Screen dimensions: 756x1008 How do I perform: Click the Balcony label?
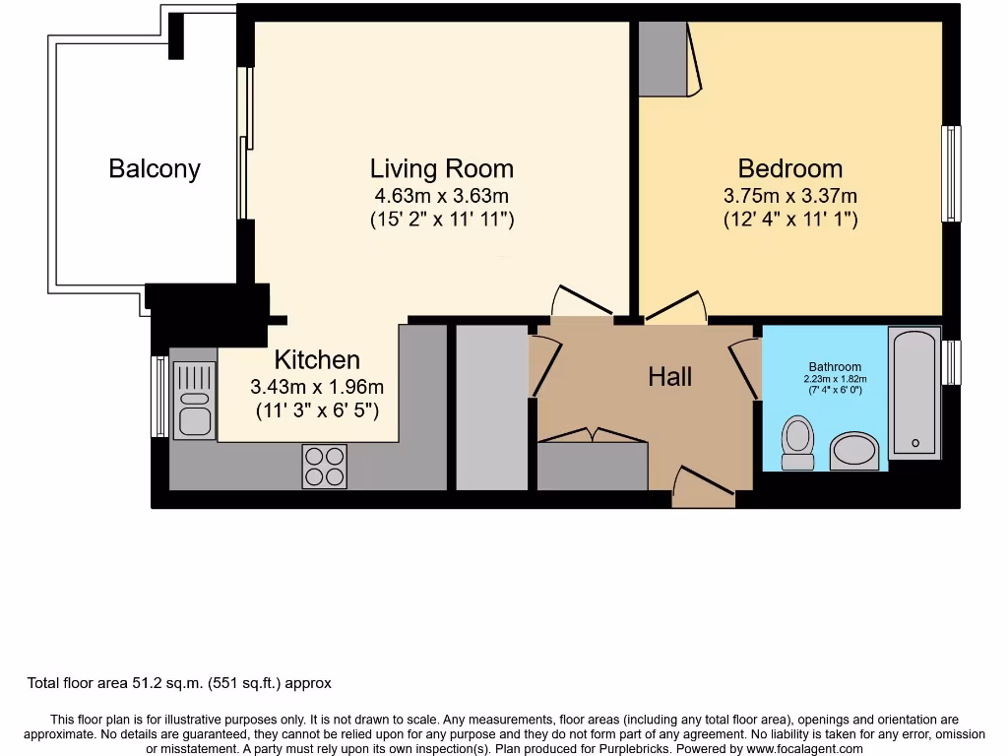(x=155, y=168)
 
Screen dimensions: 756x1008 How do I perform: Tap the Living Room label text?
(x=441, y=168)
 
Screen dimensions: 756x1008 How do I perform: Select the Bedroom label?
(x=790, y=168)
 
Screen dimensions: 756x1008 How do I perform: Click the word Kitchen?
(x=316, y=359)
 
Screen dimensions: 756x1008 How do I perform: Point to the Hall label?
(x=669, y=376)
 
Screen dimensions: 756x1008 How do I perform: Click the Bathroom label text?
(x=835, y=367)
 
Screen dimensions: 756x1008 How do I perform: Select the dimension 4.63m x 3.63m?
(x=441, y=195)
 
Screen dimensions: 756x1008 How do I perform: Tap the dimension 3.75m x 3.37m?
(x=790, y=195)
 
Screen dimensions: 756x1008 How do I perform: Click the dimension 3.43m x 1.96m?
(x=317, y=386)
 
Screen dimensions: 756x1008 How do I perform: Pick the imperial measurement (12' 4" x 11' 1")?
(x=790, y=220)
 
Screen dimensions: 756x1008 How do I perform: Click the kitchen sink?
(x=194, y=400)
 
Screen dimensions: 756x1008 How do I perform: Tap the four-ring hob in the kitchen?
(x=324, y=466)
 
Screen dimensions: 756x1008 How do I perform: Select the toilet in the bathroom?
(x=797, y=442)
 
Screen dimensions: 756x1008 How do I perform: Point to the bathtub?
(x=914, y=393)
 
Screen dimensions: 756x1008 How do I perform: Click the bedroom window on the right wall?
(x=951, y=173)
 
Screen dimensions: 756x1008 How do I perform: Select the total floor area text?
(x=179, y=683)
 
